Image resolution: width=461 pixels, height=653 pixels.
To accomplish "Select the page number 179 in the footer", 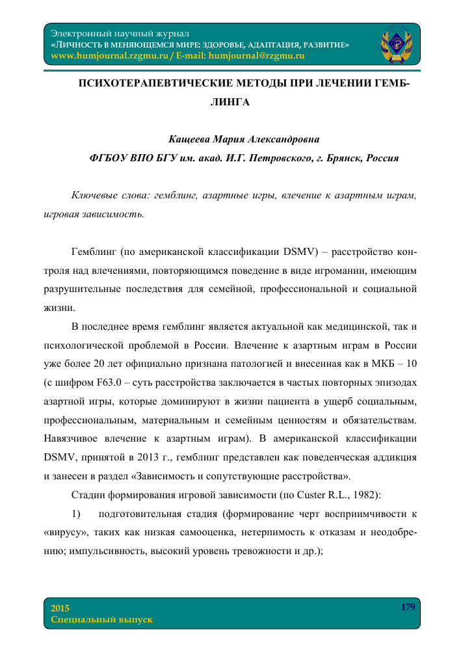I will point(408,607).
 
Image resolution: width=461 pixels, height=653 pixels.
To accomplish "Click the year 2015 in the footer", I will point(60,607).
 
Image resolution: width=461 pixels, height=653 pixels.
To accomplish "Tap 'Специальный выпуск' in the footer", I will point(101,619).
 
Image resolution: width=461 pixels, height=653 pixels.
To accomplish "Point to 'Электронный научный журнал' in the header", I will point(120,33).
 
